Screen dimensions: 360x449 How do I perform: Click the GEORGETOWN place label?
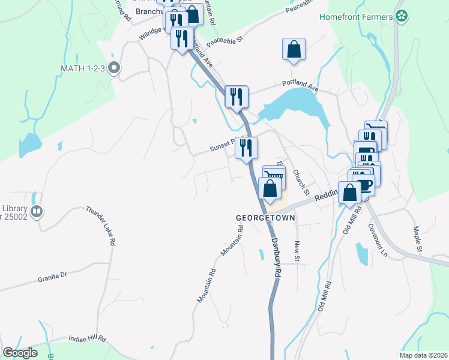click(266, 218)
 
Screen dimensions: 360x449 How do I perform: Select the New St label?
click(297, 251)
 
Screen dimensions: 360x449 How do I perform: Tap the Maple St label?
click(418, 239)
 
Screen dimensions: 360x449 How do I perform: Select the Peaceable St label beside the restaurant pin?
click(223, 41)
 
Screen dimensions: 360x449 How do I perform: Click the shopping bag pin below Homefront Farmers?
click(294, 50)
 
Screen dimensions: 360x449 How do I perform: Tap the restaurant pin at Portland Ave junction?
click(237, 96)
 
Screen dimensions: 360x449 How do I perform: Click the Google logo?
click(20, 352)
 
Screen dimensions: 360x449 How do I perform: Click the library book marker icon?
click(37, 211)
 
